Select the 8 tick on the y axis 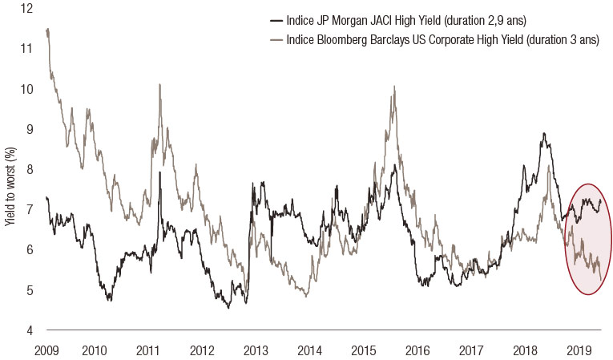(29, 169)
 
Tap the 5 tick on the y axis (29, 290)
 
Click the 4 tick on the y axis (29, 330)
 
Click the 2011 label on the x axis (148, 350)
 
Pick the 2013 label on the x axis (255, 350)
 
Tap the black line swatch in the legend (278, 20)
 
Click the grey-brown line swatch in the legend (278, 39)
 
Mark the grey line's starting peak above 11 (48, 30)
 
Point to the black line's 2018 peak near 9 (545, 134)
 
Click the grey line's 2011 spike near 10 (160, 84)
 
